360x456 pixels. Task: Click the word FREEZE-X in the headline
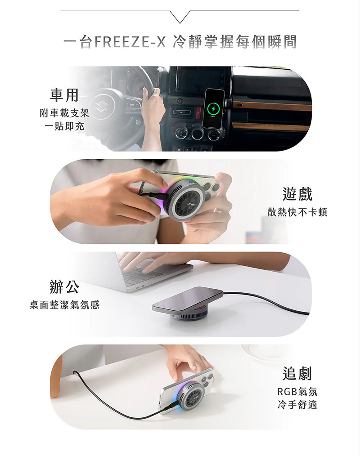(x=130, y=42)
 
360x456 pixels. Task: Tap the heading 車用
(x=64, y=95)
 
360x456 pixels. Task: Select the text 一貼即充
(x=64, y=126)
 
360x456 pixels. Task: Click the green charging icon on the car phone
(x=214, y=109)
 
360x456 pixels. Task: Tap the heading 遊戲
(x=297, y=194)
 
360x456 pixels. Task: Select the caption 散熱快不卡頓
(x=297, y=212)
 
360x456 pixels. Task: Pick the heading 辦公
(x=64, y=286)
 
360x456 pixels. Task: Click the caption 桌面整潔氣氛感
(x=64, y=305)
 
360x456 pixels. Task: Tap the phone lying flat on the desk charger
(x=188, y=300)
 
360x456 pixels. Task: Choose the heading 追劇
(x=297, y=373)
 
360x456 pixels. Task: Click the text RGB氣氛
(x=297, y=391)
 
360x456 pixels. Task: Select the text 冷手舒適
(x=297, y=404)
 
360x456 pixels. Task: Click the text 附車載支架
(x=64, y=113)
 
